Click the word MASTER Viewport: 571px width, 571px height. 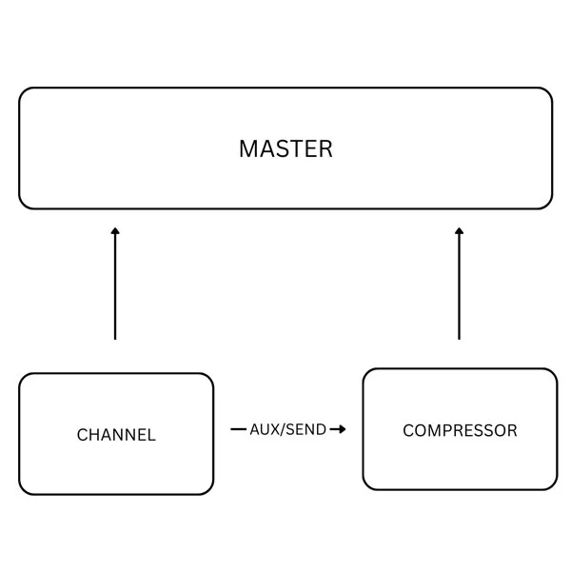click(x=285, y=148)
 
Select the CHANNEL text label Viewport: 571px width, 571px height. click(x=116, y=435)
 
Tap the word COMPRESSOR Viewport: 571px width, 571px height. click(x=460, y=430)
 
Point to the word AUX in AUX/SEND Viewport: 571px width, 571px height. click(x=263, y=429)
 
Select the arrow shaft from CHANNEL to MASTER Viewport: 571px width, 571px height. click(x=115, y=285)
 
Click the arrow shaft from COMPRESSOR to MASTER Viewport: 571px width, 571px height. click(x=459, y=285)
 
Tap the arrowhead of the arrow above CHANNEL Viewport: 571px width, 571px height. click(x=115, y=230)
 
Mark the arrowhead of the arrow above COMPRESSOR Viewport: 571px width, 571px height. click(x=459, y=230)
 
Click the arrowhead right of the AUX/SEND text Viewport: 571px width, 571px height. click(x=340, y=429)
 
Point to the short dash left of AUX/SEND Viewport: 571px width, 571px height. click(x=238, y=429)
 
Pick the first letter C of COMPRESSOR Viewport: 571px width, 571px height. click(x=408, y=430)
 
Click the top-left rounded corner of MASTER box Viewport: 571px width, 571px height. click(x=24, y=92)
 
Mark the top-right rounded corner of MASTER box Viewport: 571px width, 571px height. click(x=547, y=92)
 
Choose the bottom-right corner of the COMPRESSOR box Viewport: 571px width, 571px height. click(x=553, y=485)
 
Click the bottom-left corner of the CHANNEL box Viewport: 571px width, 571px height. click(x=24, y=490)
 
